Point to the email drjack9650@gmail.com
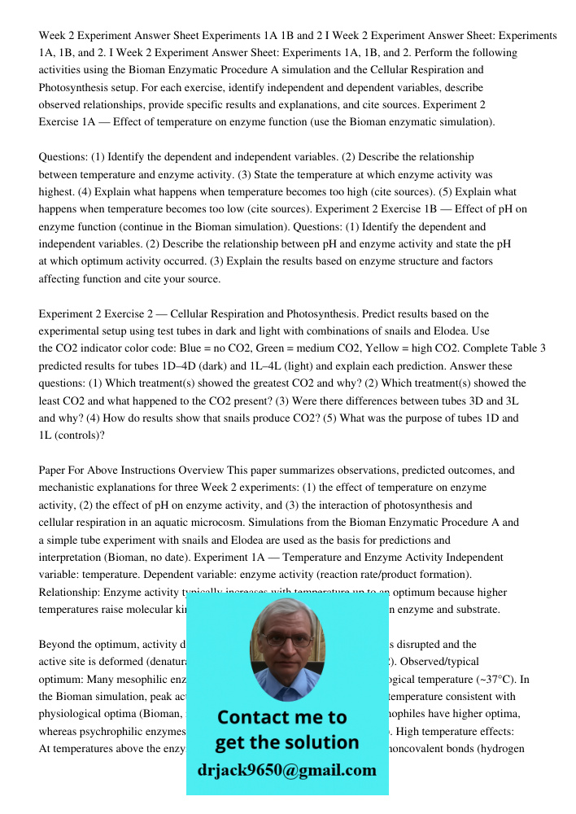click(x=287, y=770)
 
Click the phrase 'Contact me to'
click(x=282, y=717)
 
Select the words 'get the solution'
click(x=286, y=742)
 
